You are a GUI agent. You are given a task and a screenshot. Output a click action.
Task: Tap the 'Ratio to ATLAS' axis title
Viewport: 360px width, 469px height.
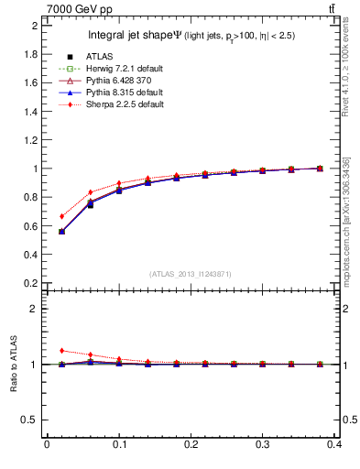tap(14, 364)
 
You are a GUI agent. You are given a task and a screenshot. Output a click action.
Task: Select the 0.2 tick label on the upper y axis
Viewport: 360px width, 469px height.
tap(30, 283)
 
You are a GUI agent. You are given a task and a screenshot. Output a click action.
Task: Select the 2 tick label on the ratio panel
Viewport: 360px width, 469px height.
tap(34, 309)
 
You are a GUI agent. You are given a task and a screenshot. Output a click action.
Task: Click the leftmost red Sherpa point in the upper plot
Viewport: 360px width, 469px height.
tap(61, 216)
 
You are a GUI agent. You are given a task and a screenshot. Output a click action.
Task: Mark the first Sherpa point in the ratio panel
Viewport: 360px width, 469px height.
tap(61, 350)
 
